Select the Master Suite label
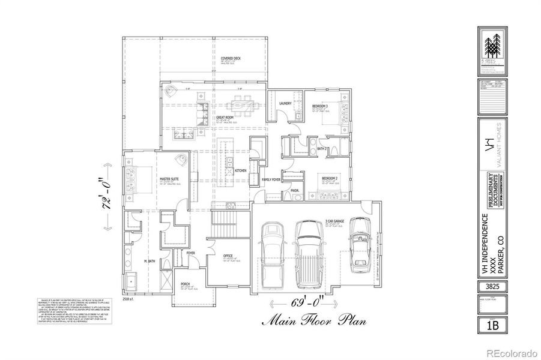click(168, 179)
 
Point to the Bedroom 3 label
click(319, 106)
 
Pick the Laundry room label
click(285, 103)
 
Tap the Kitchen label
click(241, 170)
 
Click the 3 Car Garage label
click(334, 221)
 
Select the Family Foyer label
click(272, 179)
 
